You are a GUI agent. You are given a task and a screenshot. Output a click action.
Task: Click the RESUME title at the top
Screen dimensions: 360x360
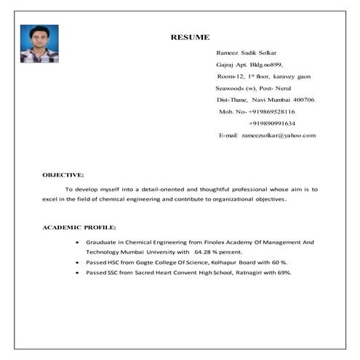click(x=190, y=36)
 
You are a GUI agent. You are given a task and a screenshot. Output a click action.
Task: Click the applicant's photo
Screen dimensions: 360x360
click(x=39, y=44)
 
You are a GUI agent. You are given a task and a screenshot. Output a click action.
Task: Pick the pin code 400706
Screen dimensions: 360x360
click(x=303, y=100)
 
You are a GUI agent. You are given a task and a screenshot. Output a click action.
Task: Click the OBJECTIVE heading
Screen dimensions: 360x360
click(x=63, y=175)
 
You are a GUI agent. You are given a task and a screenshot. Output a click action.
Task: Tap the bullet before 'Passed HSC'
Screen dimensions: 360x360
click(x=78, y=262)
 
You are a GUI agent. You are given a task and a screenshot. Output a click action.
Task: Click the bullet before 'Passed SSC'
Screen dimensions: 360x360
click(x=78, y=272)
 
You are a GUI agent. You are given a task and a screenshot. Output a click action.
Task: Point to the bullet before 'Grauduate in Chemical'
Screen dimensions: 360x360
click(x=78, y=241)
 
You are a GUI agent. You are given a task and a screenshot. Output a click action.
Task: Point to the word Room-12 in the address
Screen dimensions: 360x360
click(x=231, y=76)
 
